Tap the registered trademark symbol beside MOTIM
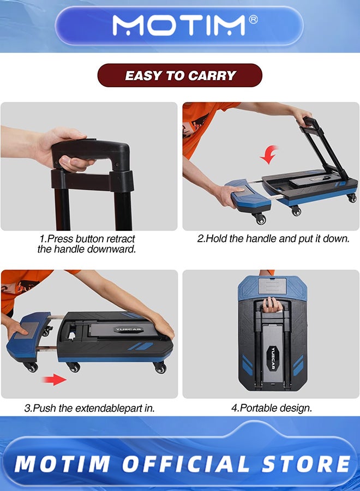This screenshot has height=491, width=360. (x=253, y=20)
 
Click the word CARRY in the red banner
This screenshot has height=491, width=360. (x=211, y=75)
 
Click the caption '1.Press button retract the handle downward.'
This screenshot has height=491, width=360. (x=87, y=244)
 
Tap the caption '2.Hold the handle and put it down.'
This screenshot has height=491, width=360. (x=273, y=239)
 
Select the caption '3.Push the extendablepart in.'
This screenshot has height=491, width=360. (x=89, y=408)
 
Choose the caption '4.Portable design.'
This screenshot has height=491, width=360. (x=272, y=408)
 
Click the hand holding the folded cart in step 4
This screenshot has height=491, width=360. (x=272, y=304)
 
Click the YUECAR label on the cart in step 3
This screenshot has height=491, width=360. (x=129, y=330)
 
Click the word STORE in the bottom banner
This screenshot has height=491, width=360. (x=306, y=464)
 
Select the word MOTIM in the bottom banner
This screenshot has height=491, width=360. (x=62, y=464)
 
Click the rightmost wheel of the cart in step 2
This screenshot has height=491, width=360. (x=352, y=197)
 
